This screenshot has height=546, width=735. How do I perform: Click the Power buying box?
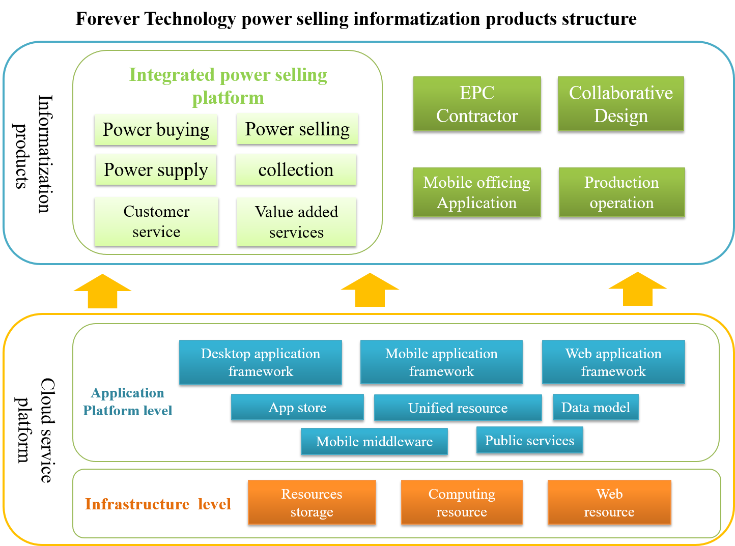(x=156, y=129)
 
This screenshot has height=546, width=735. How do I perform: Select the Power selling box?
(x=297, y=129)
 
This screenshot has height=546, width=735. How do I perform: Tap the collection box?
(x=296, y=169)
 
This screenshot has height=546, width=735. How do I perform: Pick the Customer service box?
(x=156, y=221)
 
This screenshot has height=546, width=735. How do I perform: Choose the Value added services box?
(x=296, y=222)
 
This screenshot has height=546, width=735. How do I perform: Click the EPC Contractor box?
(x=477, y=104)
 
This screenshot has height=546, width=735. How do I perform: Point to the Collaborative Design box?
(x=621, y=104)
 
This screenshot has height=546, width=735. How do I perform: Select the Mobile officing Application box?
(x=476, y=192)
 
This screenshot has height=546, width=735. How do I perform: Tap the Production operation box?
(x=621, y=192)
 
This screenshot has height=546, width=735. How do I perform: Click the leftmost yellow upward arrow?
(x=102, y=292)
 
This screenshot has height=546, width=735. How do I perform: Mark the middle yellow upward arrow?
(x=370, y=291)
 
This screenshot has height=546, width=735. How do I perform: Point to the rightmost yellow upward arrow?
(x=638, y=290)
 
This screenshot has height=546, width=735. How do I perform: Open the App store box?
(x=297, y=407)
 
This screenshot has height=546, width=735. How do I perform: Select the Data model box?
(x=596, y=407)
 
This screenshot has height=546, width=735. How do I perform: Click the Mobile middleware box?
(x=374, y=441)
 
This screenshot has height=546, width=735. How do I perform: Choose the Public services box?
(x=529, y=440)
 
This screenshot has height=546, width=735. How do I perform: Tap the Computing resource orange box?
(x=462, y=502)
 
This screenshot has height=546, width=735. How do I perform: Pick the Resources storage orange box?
(x=312, y=502)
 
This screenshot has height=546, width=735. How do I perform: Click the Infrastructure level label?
(x=158, y=504)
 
